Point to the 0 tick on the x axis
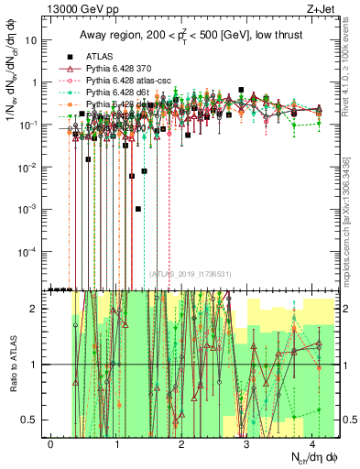pos(51,441)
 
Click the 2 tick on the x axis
pos(182,441)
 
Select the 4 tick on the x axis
pos(312,441)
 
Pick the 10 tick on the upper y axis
pos(30,39)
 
